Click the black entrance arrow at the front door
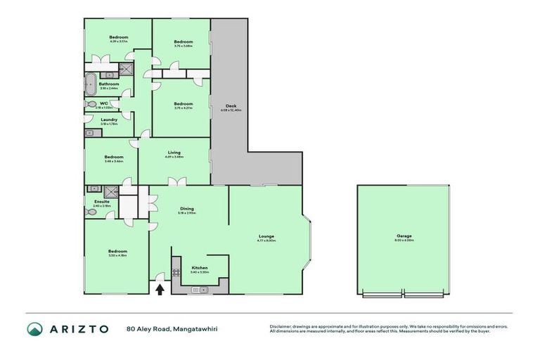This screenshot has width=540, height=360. [161, 288]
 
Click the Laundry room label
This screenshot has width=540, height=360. [109, 120]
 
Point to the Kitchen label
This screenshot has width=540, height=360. [200, 268]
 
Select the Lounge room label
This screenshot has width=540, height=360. [266, 236]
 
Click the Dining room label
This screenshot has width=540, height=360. [187, 209]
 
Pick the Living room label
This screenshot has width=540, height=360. [174, 153]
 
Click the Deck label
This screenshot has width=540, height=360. [231, 106]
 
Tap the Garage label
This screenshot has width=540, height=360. [404, 236]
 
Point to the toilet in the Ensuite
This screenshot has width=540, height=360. [90, 211]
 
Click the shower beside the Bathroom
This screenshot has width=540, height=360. [125, 69]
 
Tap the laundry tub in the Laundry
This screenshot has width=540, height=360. [89, 133]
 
